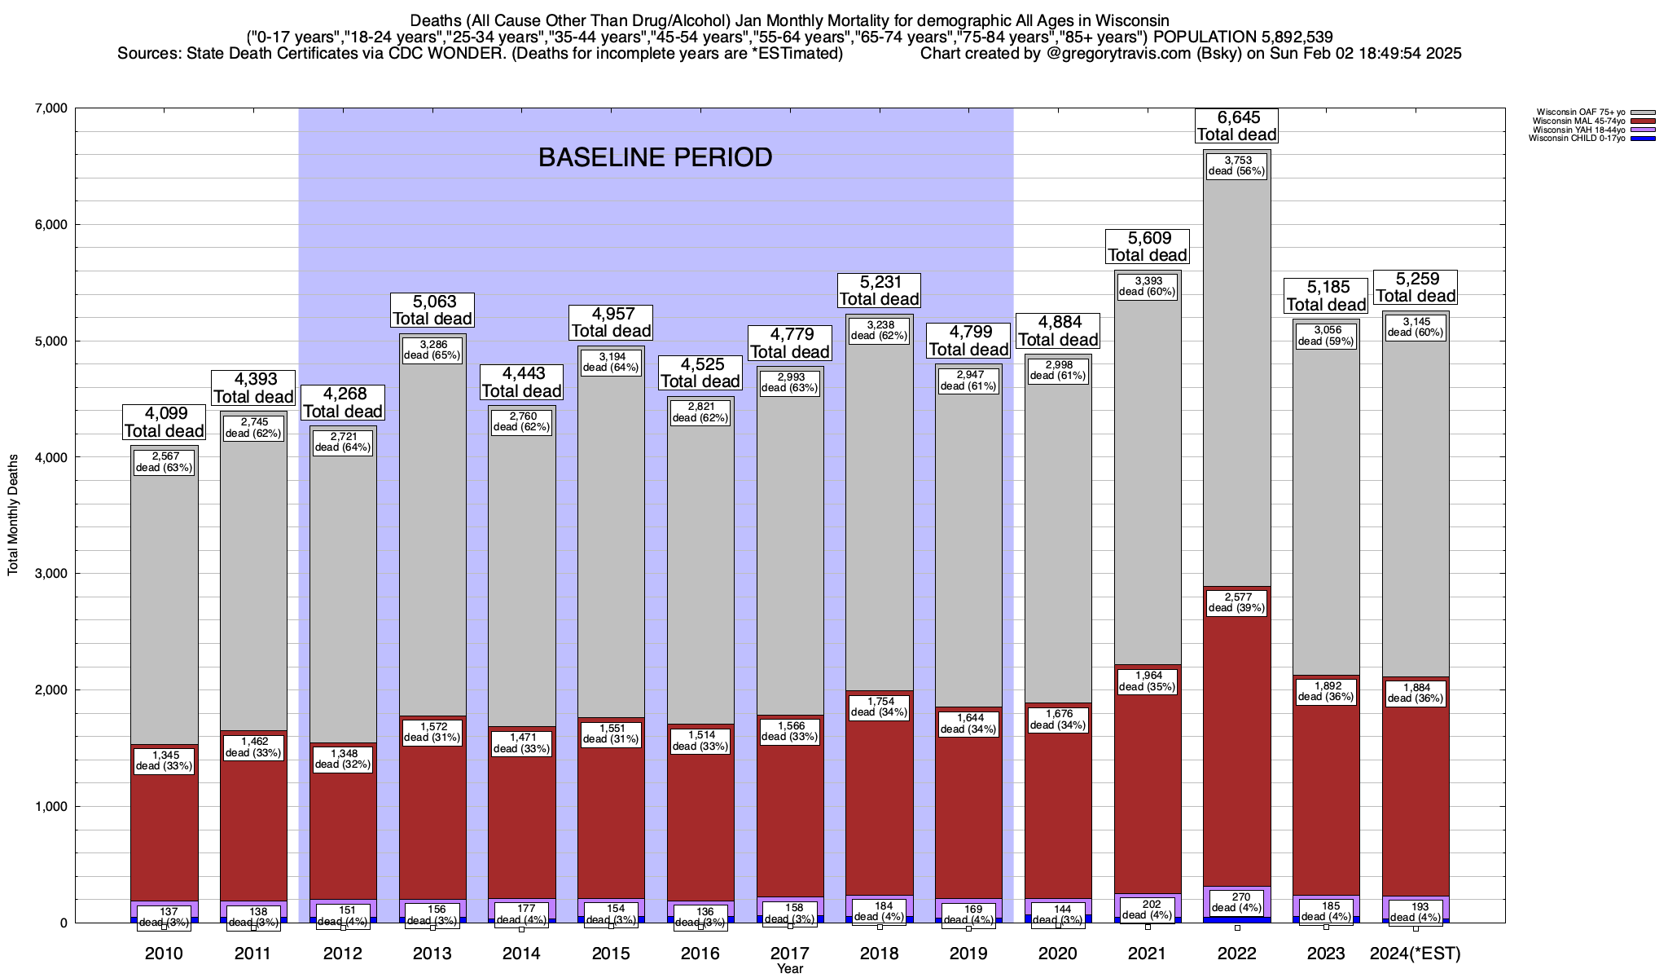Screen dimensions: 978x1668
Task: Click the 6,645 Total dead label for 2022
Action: pos(1236,126)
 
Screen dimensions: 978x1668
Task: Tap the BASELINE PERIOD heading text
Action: pos(655,157)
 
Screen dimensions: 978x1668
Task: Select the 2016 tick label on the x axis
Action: pos(700,954)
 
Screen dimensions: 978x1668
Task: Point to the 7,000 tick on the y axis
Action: pos(50,108)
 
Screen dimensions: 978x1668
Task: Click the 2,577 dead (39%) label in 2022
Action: pos(1236,602)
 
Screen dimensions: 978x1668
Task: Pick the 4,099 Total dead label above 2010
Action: pos(164,422)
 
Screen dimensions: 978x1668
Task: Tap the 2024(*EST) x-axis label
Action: pos(1416,954)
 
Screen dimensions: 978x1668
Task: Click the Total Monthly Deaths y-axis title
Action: pos(13,515)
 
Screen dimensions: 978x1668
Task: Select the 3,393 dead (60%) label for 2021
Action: pos(1147,286)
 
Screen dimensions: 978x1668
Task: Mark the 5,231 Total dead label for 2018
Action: pos(880,290)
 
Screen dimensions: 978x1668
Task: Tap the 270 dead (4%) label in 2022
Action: pos(1236,902)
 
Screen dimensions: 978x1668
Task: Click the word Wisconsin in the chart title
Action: pos(1123,20)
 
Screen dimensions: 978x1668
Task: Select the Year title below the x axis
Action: pos(789,969)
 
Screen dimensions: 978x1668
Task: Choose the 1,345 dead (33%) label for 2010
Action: pos(164,760)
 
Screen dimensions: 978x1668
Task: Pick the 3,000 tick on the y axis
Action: pos(50,574)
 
